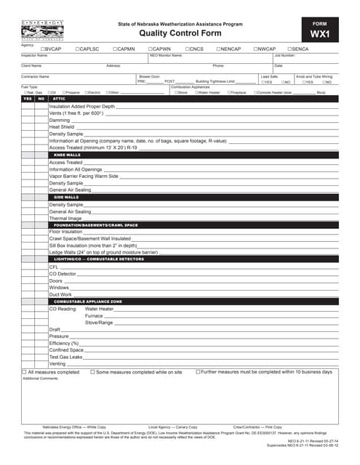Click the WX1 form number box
320,30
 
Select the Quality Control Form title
180,33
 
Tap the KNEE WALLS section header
68,155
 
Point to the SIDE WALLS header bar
66,197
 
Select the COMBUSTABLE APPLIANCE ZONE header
88,301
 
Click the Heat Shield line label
62,127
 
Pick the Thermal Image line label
65,218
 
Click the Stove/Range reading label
99,322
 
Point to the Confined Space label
66,350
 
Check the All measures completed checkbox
24,372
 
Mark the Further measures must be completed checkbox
198,372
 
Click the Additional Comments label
40,379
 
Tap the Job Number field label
284,55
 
